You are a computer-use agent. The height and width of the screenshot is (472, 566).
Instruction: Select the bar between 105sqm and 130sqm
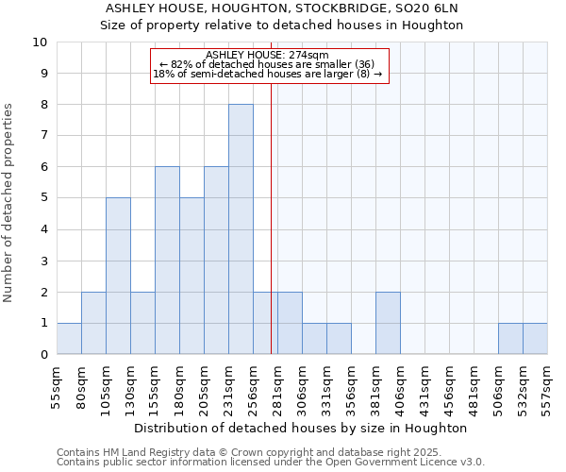pos(118,276)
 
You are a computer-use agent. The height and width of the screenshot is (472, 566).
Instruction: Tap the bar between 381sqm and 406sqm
pos(388,323)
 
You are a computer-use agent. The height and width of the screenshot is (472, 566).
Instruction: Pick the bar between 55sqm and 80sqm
pos(69,338)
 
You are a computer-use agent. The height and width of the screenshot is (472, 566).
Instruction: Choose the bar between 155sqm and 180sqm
pos(167,261)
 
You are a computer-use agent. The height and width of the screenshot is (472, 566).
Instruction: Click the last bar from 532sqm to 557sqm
pos(535,338)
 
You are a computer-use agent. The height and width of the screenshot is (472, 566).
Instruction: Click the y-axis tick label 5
pos(43,198)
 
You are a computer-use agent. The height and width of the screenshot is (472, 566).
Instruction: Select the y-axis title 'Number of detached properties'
pos(8,203)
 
